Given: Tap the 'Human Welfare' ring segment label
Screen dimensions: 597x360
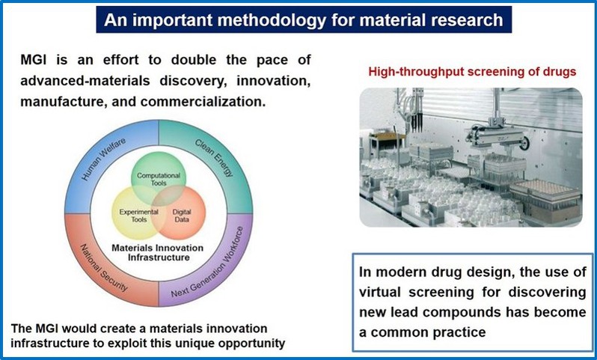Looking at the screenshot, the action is (102, 159).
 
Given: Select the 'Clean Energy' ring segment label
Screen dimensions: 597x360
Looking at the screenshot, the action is (214, 158).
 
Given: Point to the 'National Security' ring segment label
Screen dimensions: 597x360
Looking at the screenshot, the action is (102, 267).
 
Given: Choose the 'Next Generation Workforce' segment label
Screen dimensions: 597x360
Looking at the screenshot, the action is (206, 263).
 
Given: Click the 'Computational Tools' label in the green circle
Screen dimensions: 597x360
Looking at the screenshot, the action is (159, 179).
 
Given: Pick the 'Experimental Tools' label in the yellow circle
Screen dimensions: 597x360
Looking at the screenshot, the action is (138, 216).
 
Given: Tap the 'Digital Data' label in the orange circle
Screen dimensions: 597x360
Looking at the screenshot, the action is (182, 216).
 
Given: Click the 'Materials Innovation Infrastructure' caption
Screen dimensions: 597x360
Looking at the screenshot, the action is (158, 252).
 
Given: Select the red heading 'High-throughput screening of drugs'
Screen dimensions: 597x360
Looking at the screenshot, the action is (472, 72).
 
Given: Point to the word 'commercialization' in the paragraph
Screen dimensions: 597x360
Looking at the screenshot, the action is (203, 102).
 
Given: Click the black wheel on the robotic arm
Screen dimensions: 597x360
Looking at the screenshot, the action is (525, 143).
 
